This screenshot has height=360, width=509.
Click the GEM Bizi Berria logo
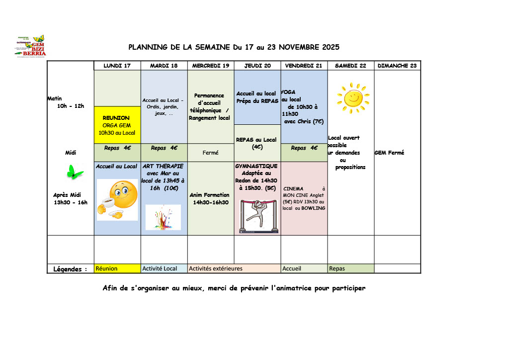click(31, 46)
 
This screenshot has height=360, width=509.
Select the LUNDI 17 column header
click(117, 66)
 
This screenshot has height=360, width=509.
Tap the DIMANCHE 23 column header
click(397, 66)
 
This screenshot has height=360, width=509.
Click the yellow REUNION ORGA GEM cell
click(117, 125)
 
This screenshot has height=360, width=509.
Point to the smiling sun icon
click(353, 98)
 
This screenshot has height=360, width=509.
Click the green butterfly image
click(75, 172)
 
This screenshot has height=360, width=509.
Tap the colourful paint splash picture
click(163, 217)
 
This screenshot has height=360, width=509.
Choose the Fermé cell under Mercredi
click(210, 153)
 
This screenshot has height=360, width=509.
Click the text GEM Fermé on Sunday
click(389, 153)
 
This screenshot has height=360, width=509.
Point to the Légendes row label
click(70, 269)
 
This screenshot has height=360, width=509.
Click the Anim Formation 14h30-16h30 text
click(210, 199)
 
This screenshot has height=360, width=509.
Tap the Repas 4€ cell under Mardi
click(164, 148)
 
